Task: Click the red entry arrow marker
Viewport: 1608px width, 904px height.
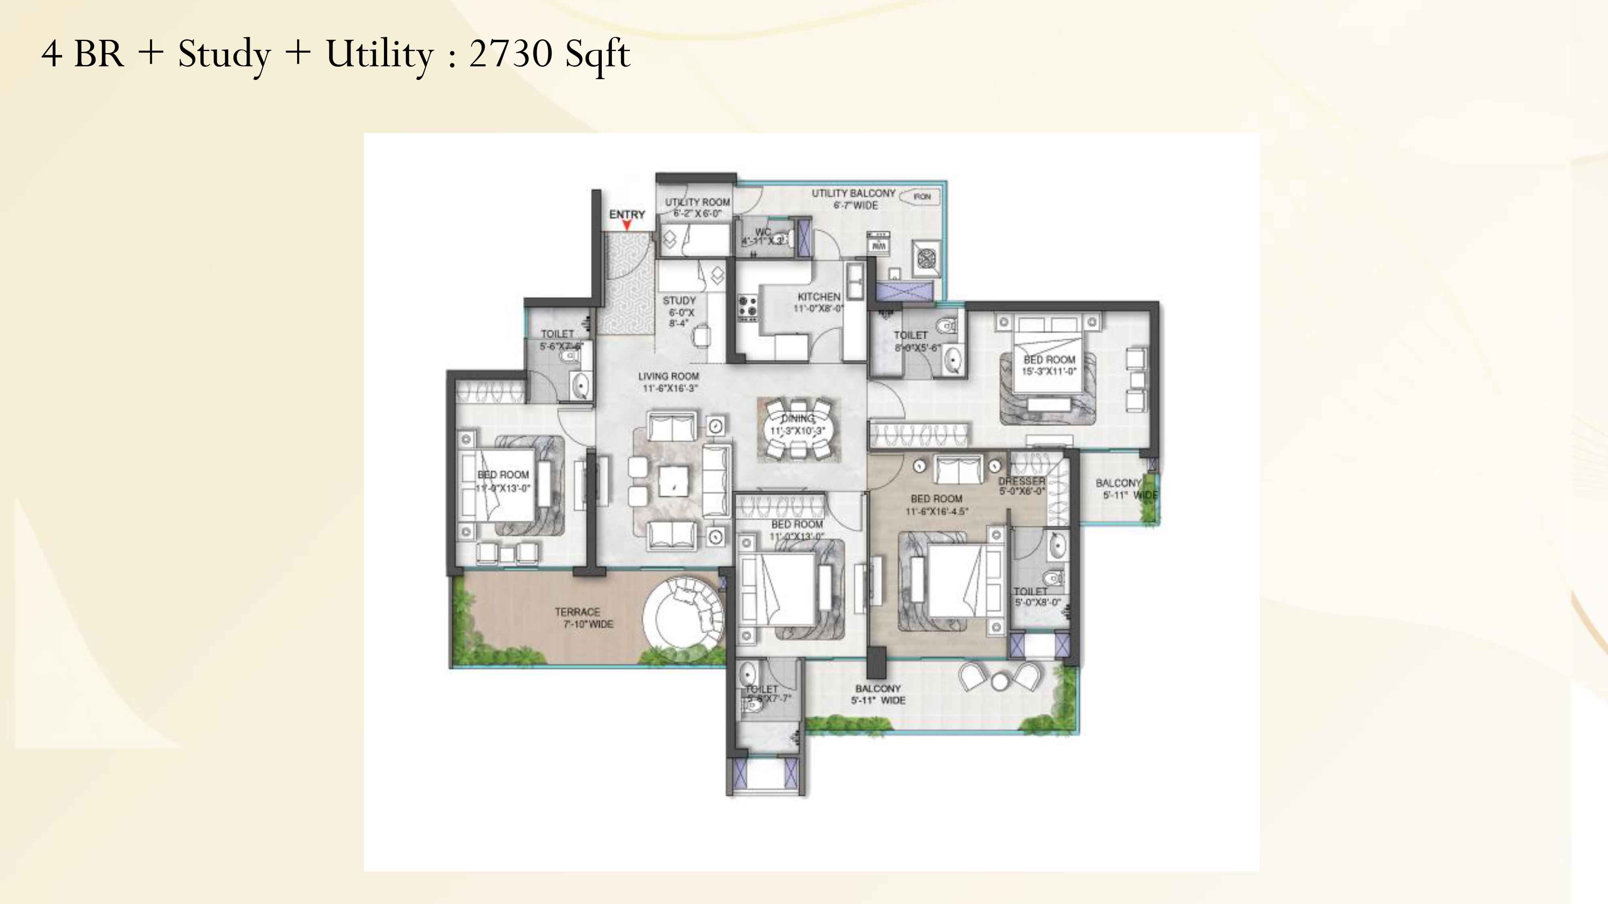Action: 627,225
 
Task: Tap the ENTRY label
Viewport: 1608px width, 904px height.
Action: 627,214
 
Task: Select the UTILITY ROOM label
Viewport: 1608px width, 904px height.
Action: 697,202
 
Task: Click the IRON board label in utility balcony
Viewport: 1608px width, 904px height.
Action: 922,196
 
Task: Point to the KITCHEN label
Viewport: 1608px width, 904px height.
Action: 819,297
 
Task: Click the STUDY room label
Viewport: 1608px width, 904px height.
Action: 679,301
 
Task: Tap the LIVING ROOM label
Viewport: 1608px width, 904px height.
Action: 669,376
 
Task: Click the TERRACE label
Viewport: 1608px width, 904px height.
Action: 577,612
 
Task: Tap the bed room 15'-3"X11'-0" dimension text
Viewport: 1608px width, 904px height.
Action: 1049,371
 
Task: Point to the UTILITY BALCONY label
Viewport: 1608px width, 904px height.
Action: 853,193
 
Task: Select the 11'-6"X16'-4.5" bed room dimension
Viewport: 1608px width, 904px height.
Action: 936,511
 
